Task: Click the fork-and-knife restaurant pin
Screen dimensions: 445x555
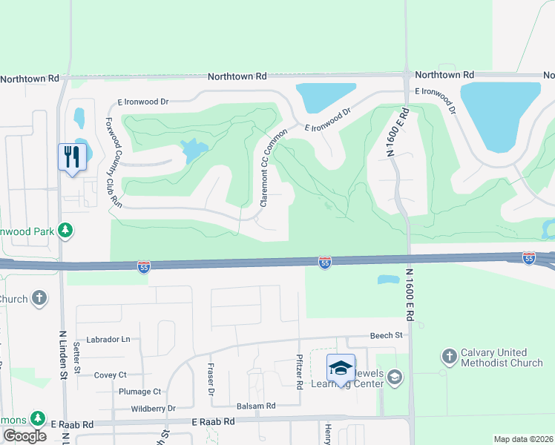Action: point(72,157)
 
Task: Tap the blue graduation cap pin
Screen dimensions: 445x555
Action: point(341,368)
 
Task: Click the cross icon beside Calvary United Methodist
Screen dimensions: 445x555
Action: point(448,357)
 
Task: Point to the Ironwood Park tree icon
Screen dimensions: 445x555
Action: point(66,230)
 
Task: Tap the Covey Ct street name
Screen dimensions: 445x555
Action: point(111,375)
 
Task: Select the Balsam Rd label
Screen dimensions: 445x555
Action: point(256,406)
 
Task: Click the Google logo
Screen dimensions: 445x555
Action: point(24,435)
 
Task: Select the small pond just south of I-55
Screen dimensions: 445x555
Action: point(387,280)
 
